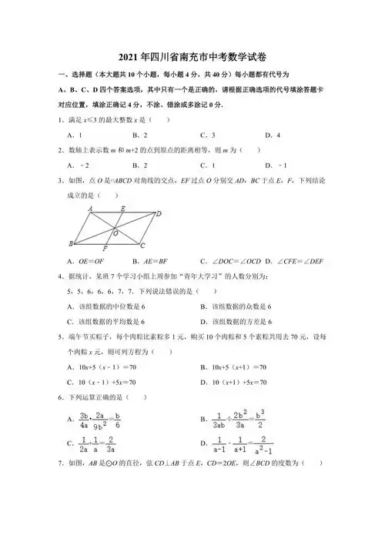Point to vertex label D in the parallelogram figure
coord(159,215)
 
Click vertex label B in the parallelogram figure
coord(71,244)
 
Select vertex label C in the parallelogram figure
coord(143,246)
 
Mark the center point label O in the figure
coord(116,232)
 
